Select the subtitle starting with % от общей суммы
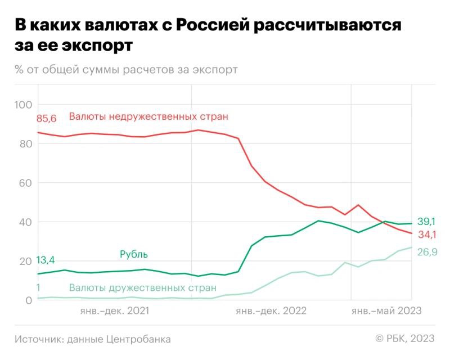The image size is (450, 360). pyautogui.click(x=126, y=70)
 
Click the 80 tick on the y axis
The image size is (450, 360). pyautogui.click(x=25, y=144)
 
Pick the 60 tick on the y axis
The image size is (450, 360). pyautogui.click(x=25, y=183)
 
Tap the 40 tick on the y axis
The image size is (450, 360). pyautogui.click(x=25, y=222)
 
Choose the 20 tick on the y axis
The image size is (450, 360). pyautogui.click(x=25, y=261)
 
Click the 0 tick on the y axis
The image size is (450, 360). pyautogui.click(x=28, y=300)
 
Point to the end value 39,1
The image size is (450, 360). pyautogui.click(x=427, y=222)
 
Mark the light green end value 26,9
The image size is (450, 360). pyautogui.click(x=427, y=252)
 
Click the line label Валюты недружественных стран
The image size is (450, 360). pyautogui.click(x=148, y=117)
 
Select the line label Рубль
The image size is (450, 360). pyautogui.click(x=134, y=254)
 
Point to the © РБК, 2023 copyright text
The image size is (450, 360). pyautogui.click(x=405, y=339)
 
